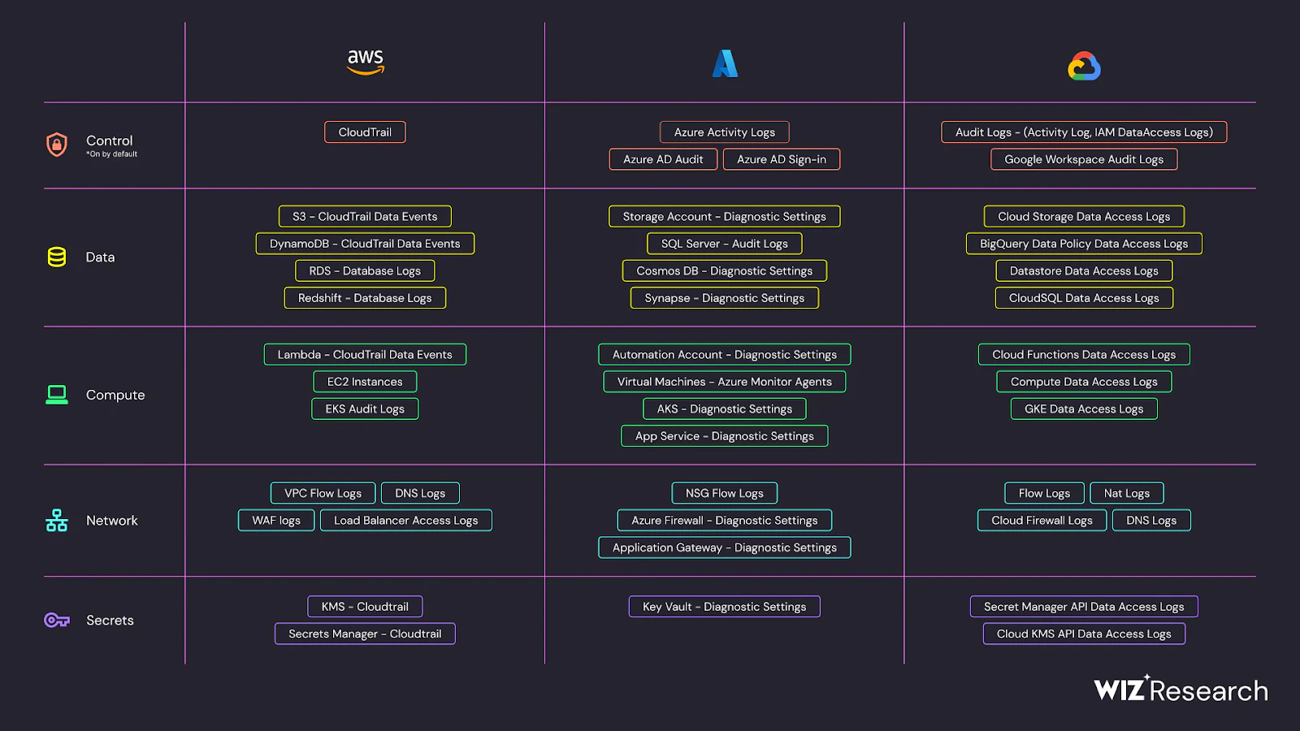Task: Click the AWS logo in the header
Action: [365, 62]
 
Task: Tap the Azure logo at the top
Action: [725, 64]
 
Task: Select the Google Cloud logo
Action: [1084, 66]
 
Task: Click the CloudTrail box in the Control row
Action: [365, 132]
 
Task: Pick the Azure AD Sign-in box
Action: [781, 159]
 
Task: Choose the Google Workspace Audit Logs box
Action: [1084, 159]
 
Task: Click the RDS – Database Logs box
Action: [365, 271]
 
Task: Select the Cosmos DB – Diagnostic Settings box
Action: [724, 271]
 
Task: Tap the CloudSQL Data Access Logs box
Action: [1084, 298]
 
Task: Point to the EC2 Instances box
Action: [365, 382]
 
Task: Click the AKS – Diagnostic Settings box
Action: [724, 409]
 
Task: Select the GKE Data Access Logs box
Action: [1084, 409]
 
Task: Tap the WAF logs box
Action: [276, 521]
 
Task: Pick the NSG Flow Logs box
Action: [724, 493]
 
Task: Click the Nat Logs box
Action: [1126, 493]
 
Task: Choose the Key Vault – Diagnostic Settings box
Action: [724, 607]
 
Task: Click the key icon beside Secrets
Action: [57, 621]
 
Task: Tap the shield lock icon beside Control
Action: [57, 145]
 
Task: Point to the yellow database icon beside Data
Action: [57, 257]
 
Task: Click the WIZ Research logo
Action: [1181, 690]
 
